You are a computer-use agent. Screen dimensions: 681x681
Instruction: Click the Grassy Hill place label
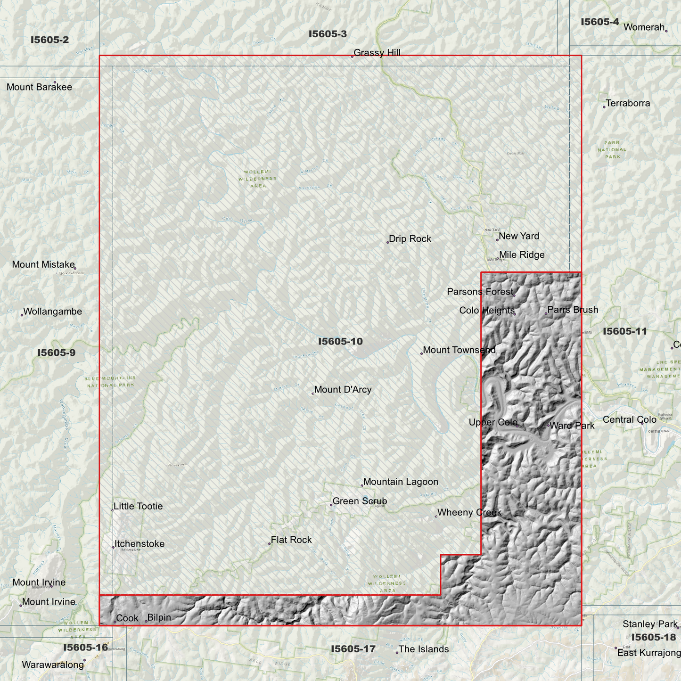(x=377, y=53)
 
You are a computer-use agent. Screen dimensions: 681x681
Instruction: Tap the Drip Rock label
(x=410, y=239)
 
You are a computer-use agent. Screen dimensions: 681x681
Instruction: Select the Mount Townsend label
(x=459, y=350)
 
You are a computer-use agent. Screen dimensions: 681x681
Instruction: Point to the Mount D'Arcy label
(x=343, y=390)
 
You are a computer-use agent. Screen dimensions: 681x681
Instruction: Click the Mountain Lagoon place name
(x=401, y=482)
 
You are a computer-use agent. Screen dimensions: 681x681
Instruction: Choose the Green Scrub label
(x=360, y=501)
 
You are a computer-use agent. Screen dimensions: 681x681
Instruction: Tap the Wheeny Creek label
(x=469, y=513)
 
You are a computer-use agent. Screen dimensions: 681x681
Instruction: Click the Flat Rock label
(x=291, y=540)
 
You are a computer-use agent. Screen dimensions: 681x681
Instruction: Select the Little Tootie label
(x=138, y=507)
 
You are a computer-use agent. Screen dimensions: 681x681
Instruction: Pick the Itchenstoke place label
(x=139, y=544)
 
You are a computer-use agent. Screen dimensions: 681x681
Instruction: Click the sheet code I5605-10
(x=340, y=341)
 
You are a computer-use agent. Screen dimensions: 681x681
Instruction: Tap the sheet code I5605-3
(x=328, y=34)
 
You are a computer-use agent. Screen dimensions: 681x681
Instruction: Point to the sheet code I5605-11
(x=625, y=331)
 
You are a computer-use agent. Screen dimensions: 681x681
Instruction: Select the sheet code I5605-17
(x=353, y=649)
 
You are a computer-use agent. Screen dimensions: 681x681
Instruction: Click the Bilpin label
(x=159, y=617)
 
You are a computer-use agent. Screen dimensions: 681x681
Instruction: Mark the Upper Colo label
(x=493, y=422)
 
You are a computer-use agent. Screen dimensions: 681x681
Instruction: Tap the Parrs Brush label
(x=573, y=310)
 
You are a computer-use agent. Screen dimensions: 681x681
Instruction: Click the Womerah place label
(x=644, y=27)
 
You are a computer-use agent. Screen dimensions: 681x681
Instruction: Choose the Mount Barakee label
(x=39, y=87)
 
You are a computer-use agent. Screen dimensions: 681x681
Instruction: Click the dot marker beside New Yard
(x=497, y=240)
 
